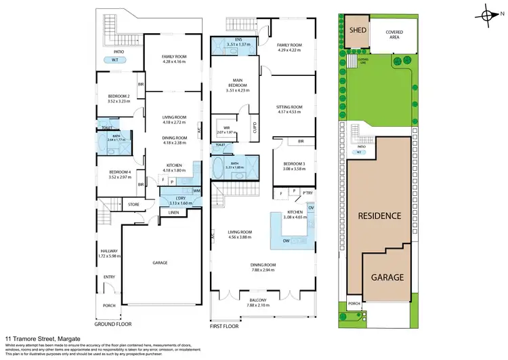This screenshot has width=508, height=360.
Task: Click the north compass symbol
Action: point(487,14)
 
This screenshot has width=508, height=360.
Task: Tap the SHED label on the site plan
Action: point(357,31)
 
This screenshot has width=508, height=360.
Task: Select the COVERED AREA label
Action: point(394,35)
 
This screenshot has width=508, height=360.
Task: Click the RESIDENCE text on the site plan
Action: point(380,215)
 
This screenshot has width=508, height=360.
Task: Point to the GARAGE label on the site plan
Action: point(387,277)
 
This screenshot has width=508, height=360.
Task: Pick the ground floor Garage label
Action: point(160,262)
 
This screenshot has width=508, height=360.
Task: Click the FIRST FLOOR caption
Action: point(226,326)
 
